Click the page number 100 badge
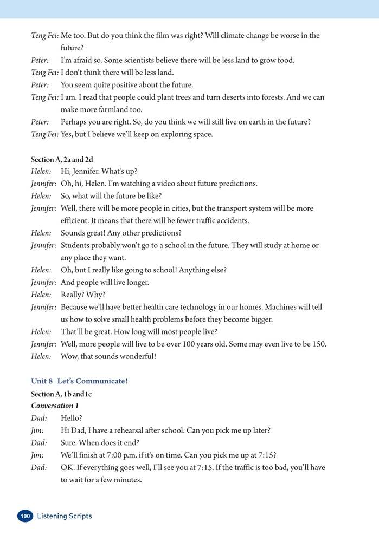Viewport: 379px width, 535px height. coord(25,516)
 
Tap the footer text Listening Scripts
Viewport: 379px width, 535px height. coord(65,516)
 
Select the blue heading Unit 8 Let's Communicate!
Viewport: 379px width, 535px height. coord(79,381)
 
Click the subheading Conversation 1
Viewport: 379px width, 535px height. coord(52,406)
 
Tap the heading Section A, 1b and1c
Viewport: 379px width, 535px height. coord(61,394)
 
